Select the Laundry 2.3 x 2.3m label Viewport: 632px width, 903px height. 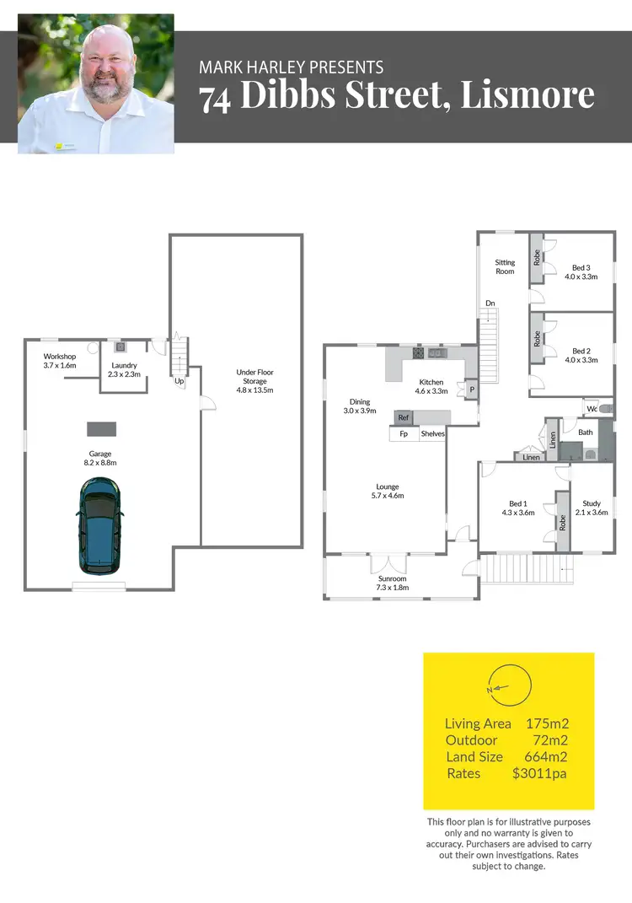[123, 370]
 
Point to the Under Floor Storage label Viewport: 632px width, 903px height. [254, 381]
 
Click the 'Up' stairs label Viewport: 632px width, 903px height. [179, 381]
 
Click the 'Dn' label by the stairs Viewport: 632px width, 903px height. [489, 304]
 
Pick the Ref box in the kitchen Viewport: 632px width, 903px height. [404, 417]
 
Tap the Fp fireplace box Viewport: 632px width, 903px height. [404, 434]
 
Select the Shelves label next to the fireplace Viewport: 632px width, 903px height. [432, 434]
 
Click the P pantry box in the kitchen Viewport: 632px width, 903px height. [470, 390]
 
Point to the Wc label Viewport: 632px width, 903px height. [592, 409]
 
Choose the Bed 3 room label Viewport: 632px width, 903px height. [580, 271]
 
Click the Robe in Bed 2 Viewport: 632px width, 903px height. [537, 338]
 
